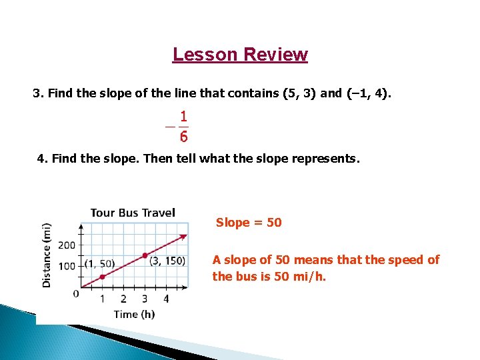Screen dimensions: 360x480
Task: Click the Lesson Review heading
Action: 240,54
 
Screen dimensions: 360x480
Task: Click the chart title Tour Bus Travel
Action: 133,213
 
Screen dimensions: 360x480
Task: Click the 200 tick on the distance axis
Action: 67,245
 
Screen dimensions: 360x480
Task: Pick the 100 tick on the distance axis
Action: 67,267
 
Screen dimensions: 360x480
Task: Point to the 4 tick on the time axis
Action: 166,299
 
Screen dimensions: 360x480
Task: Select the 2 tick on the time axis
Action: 123,299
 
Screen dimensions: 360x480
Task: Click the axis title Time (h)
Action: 134,314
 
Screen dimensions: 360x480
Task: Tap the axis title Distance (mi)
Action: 47,254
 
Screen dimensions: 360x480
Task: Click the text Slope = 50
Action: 249,222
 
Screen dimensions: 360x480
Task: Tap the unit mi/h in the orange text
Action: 310,276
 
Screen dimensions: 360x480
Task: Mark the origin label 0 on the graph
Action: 76,293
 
